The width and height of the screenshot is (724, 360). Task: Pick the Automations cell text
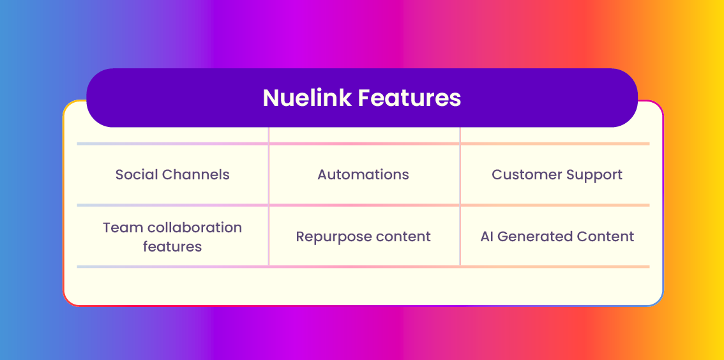pyautogui.click(x=363, y=174)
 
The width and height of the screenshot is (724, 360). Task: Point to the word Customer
pyautogui.click(x=523, y=174)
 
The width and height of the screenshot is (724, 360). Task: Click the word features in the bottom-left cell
pyautogui.click(x=172, y=246)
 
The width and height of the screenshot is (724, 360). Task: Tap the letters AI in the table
pyautogui.click(x=486, y=237)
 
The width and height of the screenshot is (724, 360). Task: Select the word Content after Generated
pyautogui.click(x=599, y=237)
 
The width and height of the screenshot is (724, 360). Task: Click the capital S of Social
pyautogui.click(x=119, y=175)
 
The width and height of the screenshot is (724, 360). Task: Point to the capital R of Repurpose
pyautogui.click(x=301, y=237)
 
